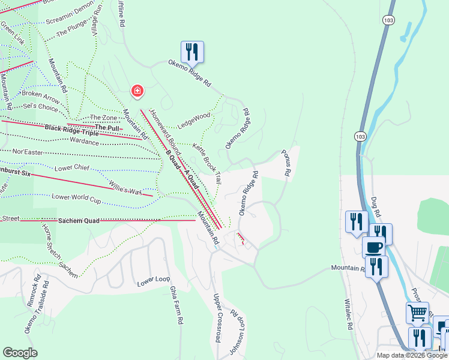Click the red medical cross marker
137,91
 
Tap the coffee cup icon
373,246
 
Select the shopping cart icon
418,313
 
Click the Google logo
20,353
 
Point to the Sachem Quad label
79,221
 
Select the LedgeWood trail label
193,115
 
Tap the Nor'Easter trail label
28,152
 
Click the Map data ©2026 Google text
412,355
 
